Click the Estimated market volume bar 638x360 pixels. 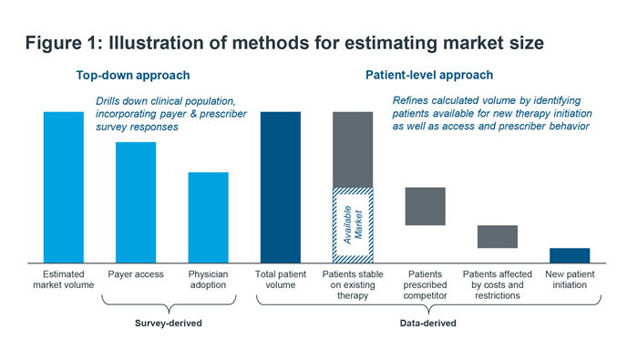click(63, 187)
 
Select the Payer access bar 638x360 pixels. click(135, 202)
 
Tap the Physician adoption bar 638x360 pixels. click(208, 217)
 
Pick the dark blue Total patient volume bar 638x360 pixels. click(280, 187)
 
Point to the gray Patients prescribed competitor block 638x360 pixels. click(425, 206)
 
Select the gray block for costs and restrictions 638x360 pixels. click(498, 236)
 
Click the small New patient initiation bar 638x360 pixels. click(570, 254)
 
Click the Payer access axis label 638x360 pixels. click(135, 273)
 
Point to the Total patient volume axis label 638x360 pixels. click(280, 279)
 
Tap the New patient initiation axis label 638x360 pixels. click(570, 279)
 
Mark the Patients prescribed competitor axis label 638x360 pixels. click(425, 284)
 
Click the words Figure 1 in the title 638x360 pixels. click(63, 42)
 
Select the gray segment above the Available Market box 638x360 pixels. click(353, 149)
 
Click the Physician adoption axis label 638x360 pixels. click(208, 279)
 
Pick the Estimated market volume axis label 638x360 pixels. click(63, 279)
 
